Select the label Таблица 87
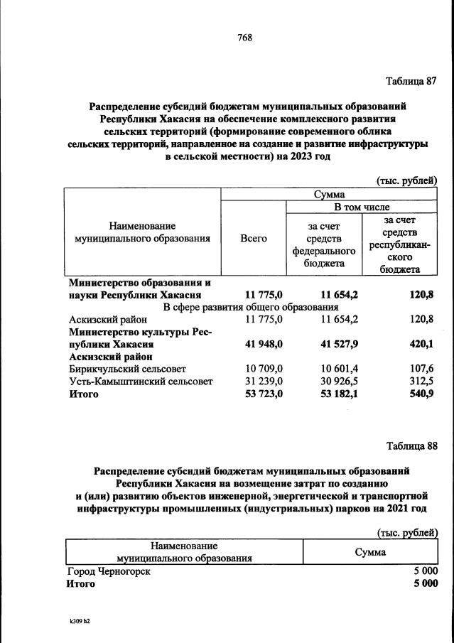click(x=411, y=80)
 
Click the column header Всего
click(x=254, y=239)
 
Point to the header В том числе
click(x=362, y=207)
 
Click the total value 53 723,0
click(x=264, y=394)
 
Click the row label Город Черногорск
click(x=108, y=571)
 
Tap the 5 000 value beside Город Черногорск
click(x=424, y=571)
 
